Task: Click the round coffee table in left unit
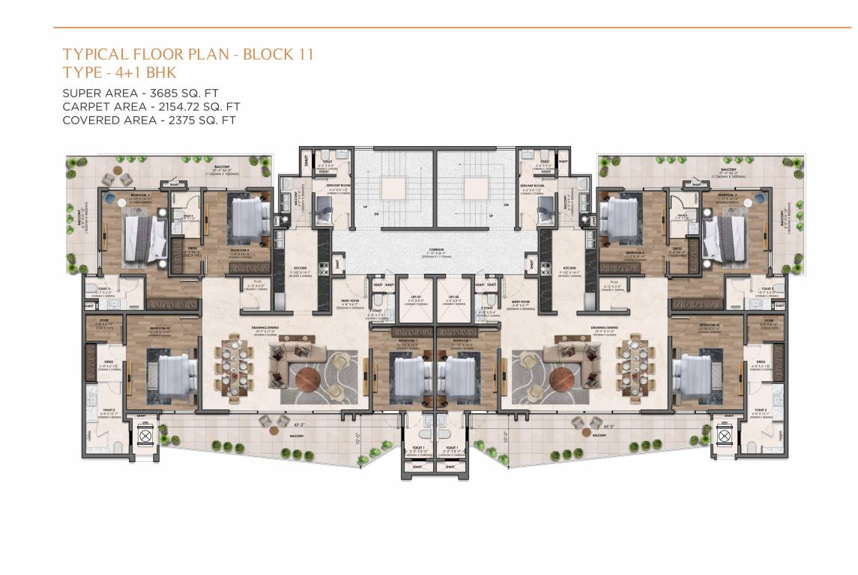tap(309, 379)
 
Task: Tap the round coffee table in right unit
tap(563, 379)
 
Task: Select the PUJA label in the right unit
tap(614, 282)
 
